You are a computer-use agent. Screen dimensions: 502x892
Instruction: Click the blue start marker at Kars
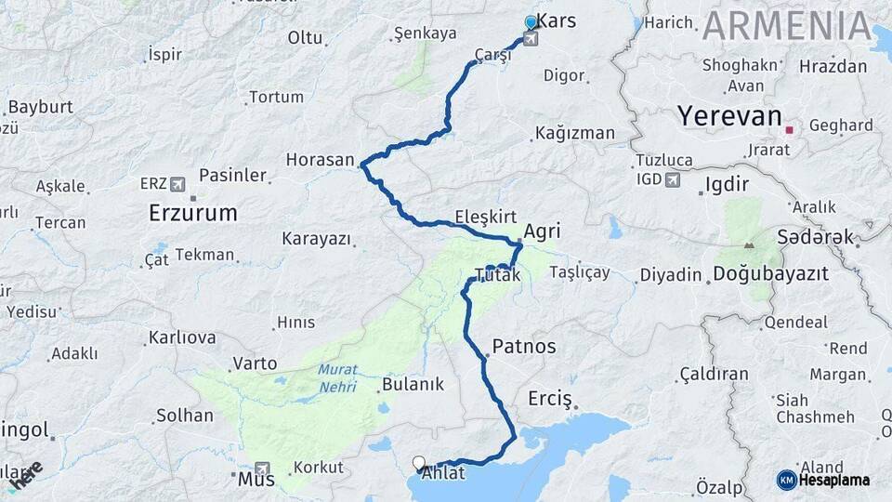[x=531, y=22]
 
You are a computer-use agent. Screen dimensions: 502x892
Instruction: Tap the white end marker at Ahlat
[x=419, y=462]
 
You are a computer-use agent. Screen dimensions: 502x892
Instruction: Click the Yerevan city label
[x=728, y=116]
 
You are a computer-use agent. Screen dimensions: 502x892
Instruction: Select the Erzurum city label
[x=192, y=213]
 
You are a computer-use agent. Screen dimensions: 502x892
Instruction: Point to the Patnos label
[x=524, y=347]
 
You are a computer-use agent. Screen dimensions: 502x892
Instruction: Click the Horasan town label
[x=321, y=160]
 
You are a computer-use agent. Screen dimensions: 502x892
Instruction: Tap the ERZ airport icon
[x=177, y=183]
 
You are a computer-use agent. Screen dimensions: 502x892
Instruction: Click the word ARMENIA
[x=787, y=26]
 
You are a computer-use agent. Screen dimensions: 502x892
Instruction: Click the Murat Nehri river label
[x=337, y=376]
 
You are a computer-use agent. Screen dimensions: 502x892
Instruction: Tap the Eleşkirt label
[x=485, y=217]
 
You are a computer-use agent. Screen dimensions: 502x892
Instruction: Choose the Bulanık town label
[x=413, y=384]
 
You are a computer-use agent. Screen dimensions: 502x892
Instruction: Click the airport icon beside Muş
[x=264, y=469]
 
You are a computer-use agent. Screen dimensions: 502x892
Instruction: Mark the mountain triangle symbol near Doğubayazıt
[x=749, y=246]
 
